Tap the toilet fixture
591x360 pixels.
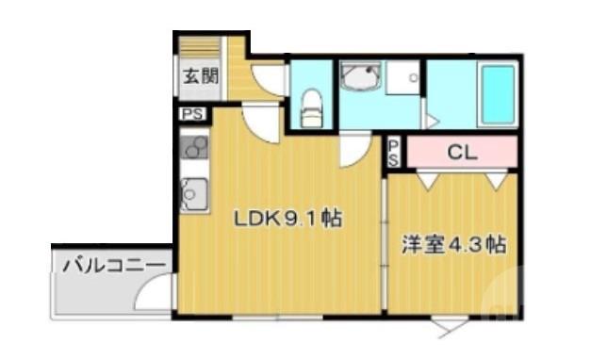click(311, 106)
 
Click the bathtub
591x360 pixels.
click(496, 94)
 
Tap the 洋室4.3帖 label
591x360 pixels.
click(452, 244)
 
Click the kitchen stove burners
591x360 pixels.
click(194, 146)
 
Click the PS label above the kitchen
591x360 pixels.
click(192, 115)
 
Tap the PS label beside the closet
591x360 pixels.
click(394, 152)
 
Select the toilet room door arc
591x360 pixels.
click(270, 79)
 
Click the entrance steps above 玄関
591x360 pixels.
click(200, 46)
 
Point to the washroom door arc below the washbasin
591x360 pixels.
click(355, 147)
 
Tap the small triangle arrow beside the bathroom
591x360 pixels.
click(431, 121)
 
